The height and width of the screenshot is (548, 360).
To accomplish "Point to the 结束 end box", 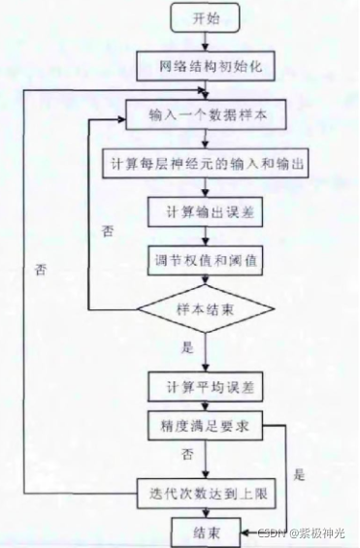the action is pos(205,532).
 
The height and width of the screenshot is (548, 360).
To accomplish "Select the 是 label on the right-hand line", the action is pos(299,475).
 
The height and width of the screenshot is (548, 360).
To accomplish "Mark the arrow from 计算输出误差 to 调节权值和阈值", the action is pos(205,237).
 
